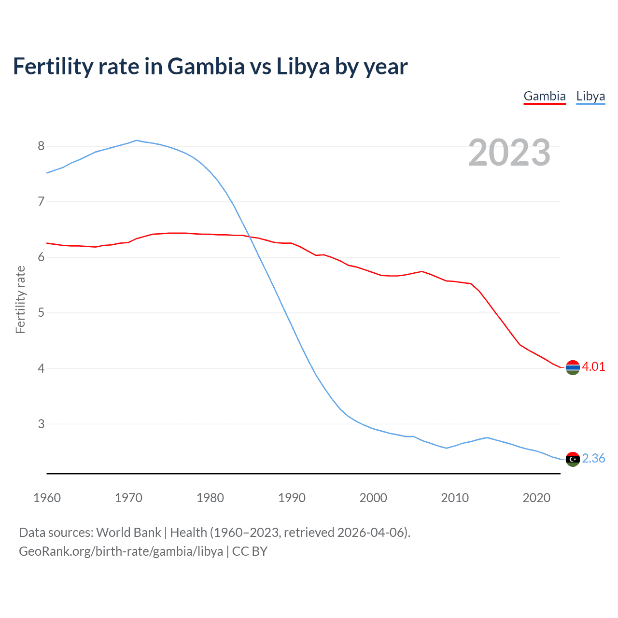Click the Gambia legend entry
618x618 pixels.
544,96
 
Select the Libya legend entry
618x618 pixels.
590,96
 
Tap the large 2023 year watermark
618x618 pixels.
509,153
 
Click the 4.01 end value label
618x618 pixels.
593,366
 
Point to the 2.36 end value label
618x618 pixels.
593,458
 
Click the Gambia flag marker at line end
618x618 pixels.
573,367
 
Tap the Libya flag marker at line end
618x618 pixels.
573,459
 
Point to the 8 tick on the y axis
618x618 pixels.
41,146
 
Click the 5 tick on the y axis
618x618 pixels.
41,312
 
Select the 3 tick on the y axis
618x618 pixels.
41,424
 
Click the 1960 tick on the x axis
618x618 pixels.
47,498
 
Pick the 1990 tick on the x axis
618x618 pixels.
292,498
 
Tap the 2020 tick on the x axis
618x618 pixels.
536,498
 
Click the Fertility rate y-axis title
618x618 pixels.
20,299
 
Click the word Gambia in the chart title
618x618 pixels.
206,66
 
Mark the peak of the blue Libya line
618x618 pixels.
136,140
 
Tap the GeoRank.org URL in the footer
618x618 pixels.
121,551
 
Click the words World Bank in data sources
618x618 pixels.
128,533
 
